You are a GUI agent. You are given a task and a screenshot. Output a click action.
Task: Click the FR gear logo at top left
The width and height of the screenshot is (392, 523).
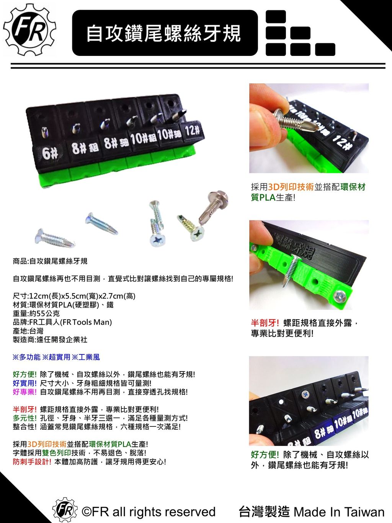[x=30, y=30]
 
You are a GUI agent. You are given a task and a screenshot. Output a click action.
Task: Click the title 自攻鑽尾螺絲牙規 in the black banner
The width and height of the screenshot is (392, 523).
[x=164, y=34]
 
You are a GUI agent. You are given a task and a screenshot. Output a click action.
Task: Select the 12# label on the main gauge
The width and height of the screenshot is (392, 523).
[x=192, y=131]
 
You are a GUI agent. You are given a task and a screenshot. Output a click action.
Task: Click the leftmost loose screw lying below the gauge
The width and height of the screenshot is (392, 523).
[x=55, y=238]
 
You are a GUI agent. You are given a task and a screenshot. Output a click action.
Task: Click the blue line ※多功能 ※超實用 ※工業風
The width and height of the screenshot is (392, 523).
[x=56, y=357]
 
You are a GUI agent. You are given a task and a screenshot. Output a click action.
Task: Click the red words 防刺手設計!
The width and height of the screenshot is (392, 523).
[x=32, y=462]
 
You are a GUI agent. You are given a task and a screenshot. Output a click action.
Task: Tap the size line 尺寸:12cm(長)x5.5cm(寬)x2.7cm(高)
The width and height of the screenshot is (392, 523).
[x=74, y=296]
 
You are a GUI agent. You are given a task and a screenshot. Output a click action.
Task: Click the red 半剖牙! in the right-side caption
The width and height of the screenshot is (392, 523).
[x=265, y=323]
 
